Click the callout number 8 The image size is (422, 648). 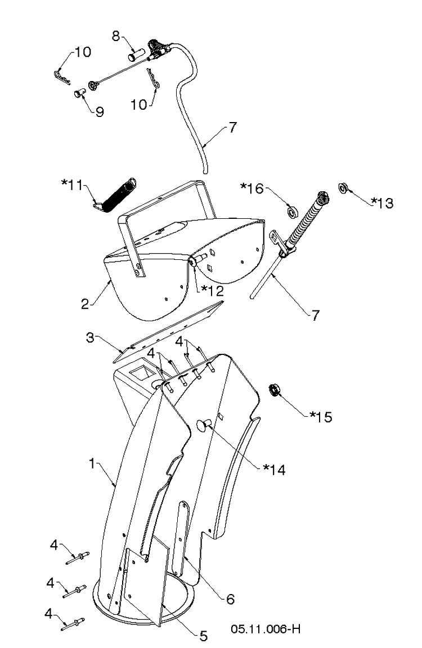116,36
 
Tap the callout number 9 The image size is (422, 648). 100,112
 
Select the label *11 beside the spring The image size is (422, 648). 73,185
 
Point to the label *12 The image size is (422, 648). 212,291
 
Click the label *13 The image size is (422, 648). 382,202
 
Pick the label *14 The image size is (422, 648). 275,470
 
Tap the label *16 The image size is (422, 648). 252,188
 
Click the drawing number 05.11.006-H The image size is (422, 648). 266,629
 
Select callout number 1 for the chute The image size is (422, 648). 93,463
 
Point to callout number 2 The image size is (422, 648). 85,304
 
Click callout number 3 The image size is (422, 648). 90,337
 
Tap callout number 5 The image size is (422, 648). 203,636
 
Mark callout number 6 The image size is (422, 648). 230,599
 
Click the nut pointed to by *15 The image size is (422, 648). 273,390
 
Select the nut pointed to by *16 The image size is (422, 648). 292,213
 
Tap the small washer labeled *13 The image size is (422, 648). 343,188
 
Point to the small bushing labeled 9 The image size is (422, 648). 79,93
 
